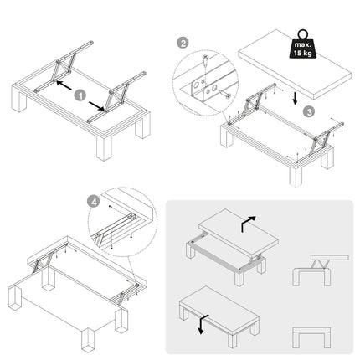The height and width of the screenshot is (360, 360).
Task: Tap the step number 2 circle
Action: (183, 43)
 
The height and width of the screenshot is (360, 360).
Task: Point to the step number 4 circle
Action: (94, 202)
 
